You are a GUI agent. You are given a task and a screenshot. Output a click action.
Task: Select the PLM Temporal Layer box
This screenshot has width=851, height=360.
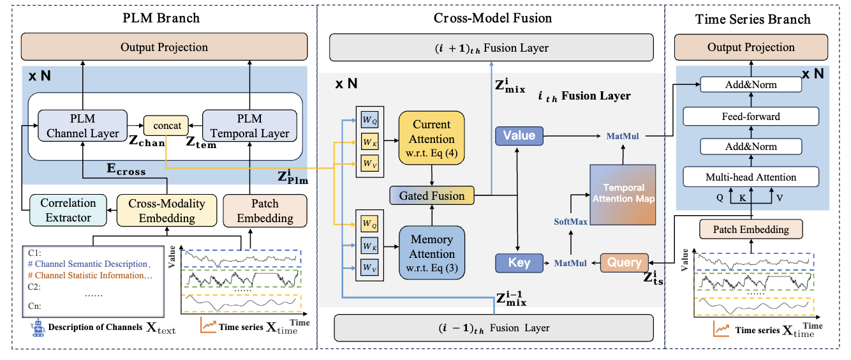pos(250,125)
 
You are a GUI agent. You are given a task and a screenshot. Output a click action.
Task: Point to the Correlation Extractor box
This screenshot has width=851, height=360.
pos(68,210)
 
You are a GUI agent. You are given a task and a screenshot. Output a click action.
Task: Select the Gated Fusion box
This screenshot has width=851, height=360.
pos(432,196)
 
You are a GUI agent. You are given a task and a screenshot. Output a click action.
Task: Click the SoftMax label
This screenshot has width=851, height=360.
pos(571,221)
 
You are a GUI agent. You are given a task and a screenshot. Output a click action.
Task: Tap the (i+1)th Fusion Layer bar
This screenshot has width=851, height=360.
pos(492,49)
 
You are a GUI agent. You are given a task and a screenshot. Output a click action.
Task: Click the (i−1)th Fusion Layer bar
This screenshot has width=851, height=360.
pos(492,328)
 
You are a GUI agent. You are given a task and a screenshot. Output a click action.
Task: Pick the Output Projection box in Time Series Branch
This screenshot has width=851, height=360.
pos(751,48)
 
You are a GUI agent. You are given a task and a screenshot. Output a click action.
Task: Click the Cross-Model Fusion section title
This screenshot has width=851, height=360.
pos(491,19)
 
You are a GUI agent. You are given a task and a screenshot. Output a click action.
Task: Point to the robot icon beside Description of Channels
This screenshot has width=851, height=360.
pos(38,327)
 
